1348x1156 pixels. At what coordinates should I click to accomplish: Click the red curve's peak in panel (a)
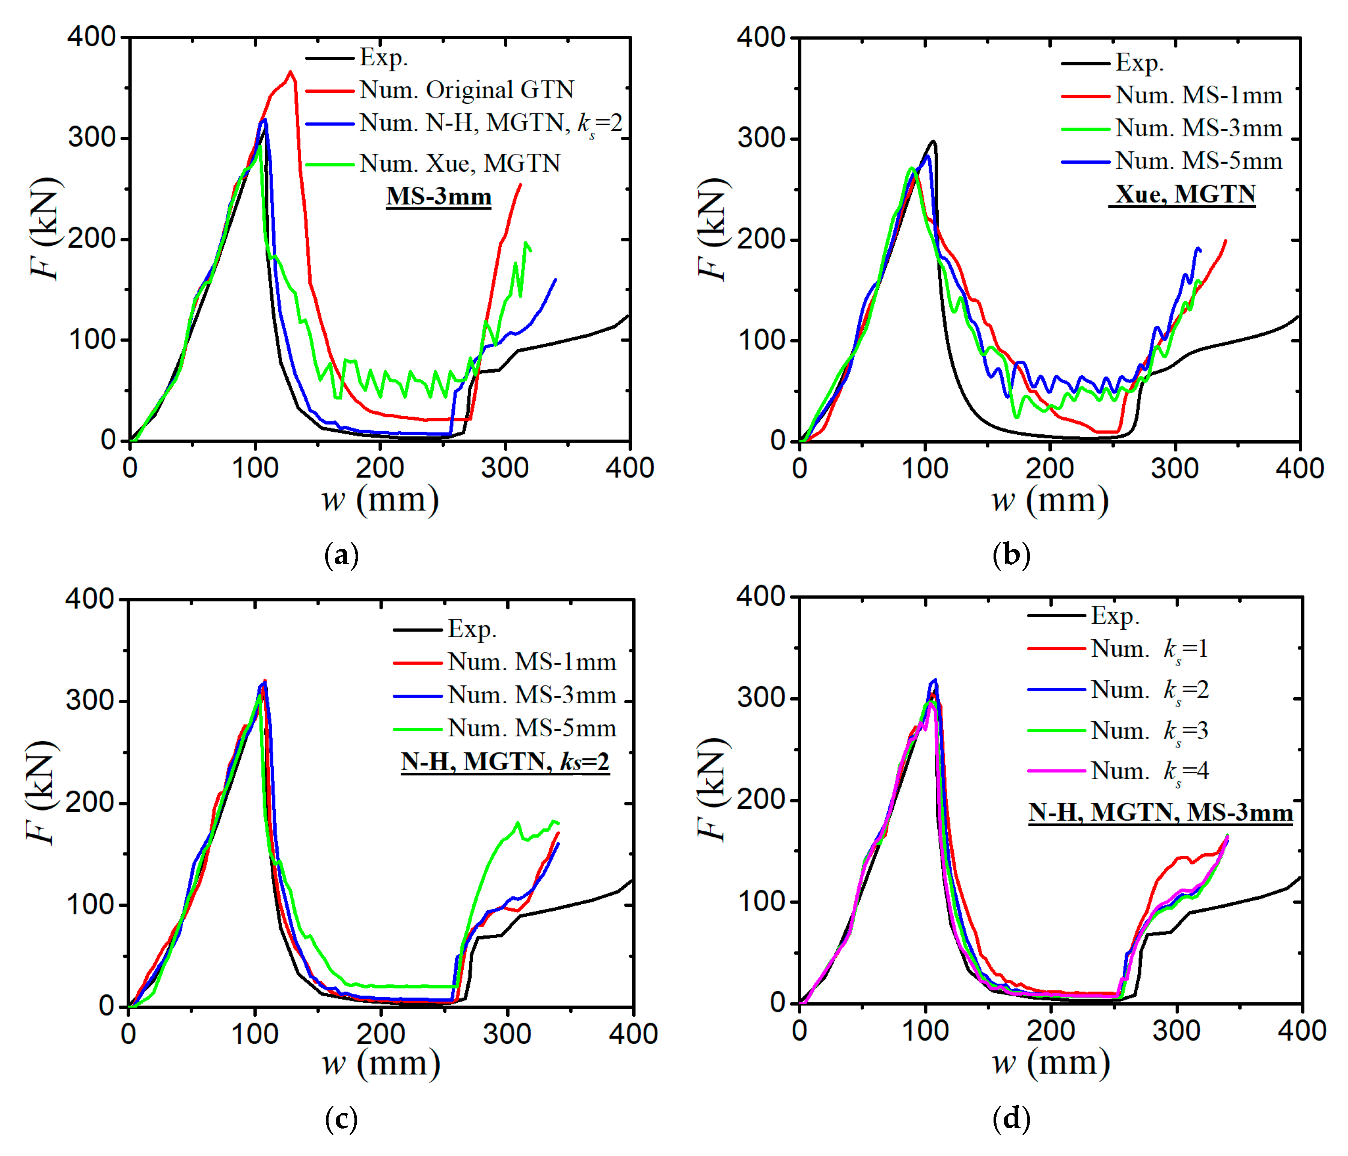(x=290, y=72)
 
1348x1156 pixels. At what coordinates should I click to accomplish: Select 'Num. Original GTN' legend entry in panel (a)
(x=466, y=90)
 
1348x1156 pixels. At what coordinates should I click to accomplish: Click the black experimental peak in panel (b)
(x=933, y=141)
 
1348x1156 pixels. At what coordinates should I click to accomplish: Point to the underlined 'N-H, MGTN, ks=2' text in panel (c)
(x=505, y=761)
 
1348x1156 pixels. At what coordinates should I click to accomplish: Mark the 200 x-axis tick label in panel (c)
(x=381, y=1033)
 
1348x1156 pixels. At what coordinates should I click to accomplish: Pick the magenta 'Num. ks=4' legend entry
(x=1150, y=771)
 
